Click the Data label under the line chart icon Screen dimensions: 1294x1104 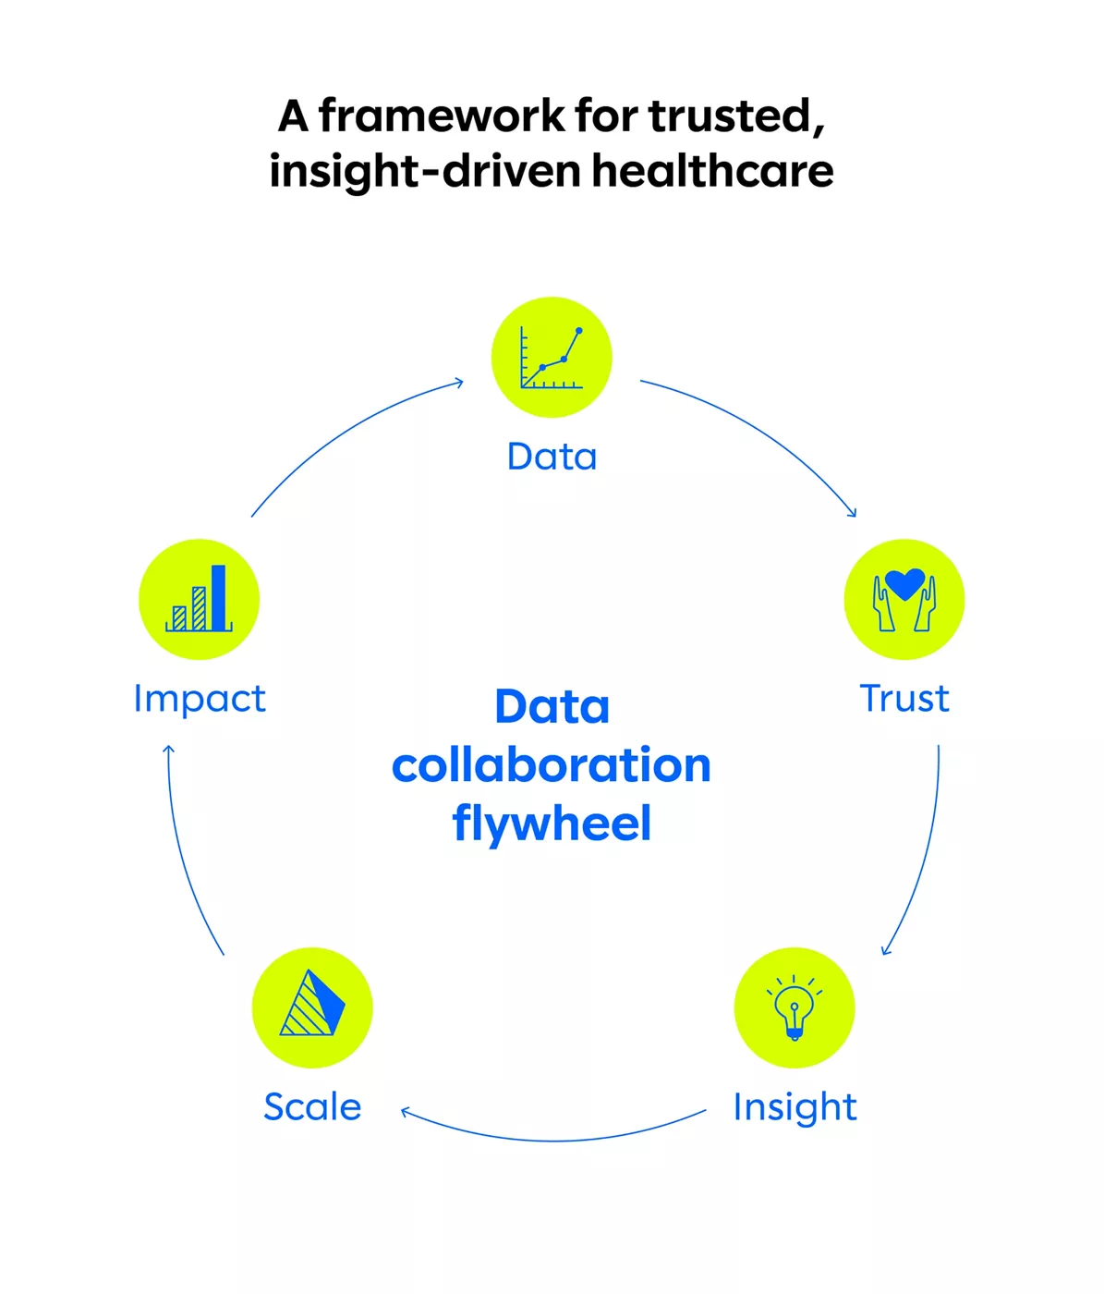coord(552,457)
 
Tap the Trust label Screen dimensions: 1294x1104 coord(904,699)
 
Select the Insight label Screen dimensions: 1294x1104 coord(795,1107)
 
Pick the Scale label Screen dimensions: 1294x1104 coord(312,1107)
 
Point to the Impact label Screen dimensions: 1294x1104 coord(200,699)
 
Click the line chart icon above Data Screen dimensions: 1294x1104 coord(552,358)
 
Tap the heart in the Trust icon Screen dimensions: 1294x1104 coord(904,583)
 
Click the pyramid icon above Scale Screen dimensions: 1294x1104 coord(312,1005)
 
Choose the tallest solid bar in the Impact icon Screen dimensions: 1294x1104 coord(219,597)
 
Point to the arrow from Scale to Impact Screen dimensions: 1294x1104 coord(185,860)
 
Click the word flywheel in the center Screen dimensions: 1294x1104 coord(552,824)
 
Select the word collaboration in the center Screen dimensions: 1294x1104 coord(552,765)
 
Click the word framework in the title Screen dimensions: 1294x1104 coord(441,116)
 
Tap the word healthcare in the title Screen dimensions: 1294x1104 coord(712,171)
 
